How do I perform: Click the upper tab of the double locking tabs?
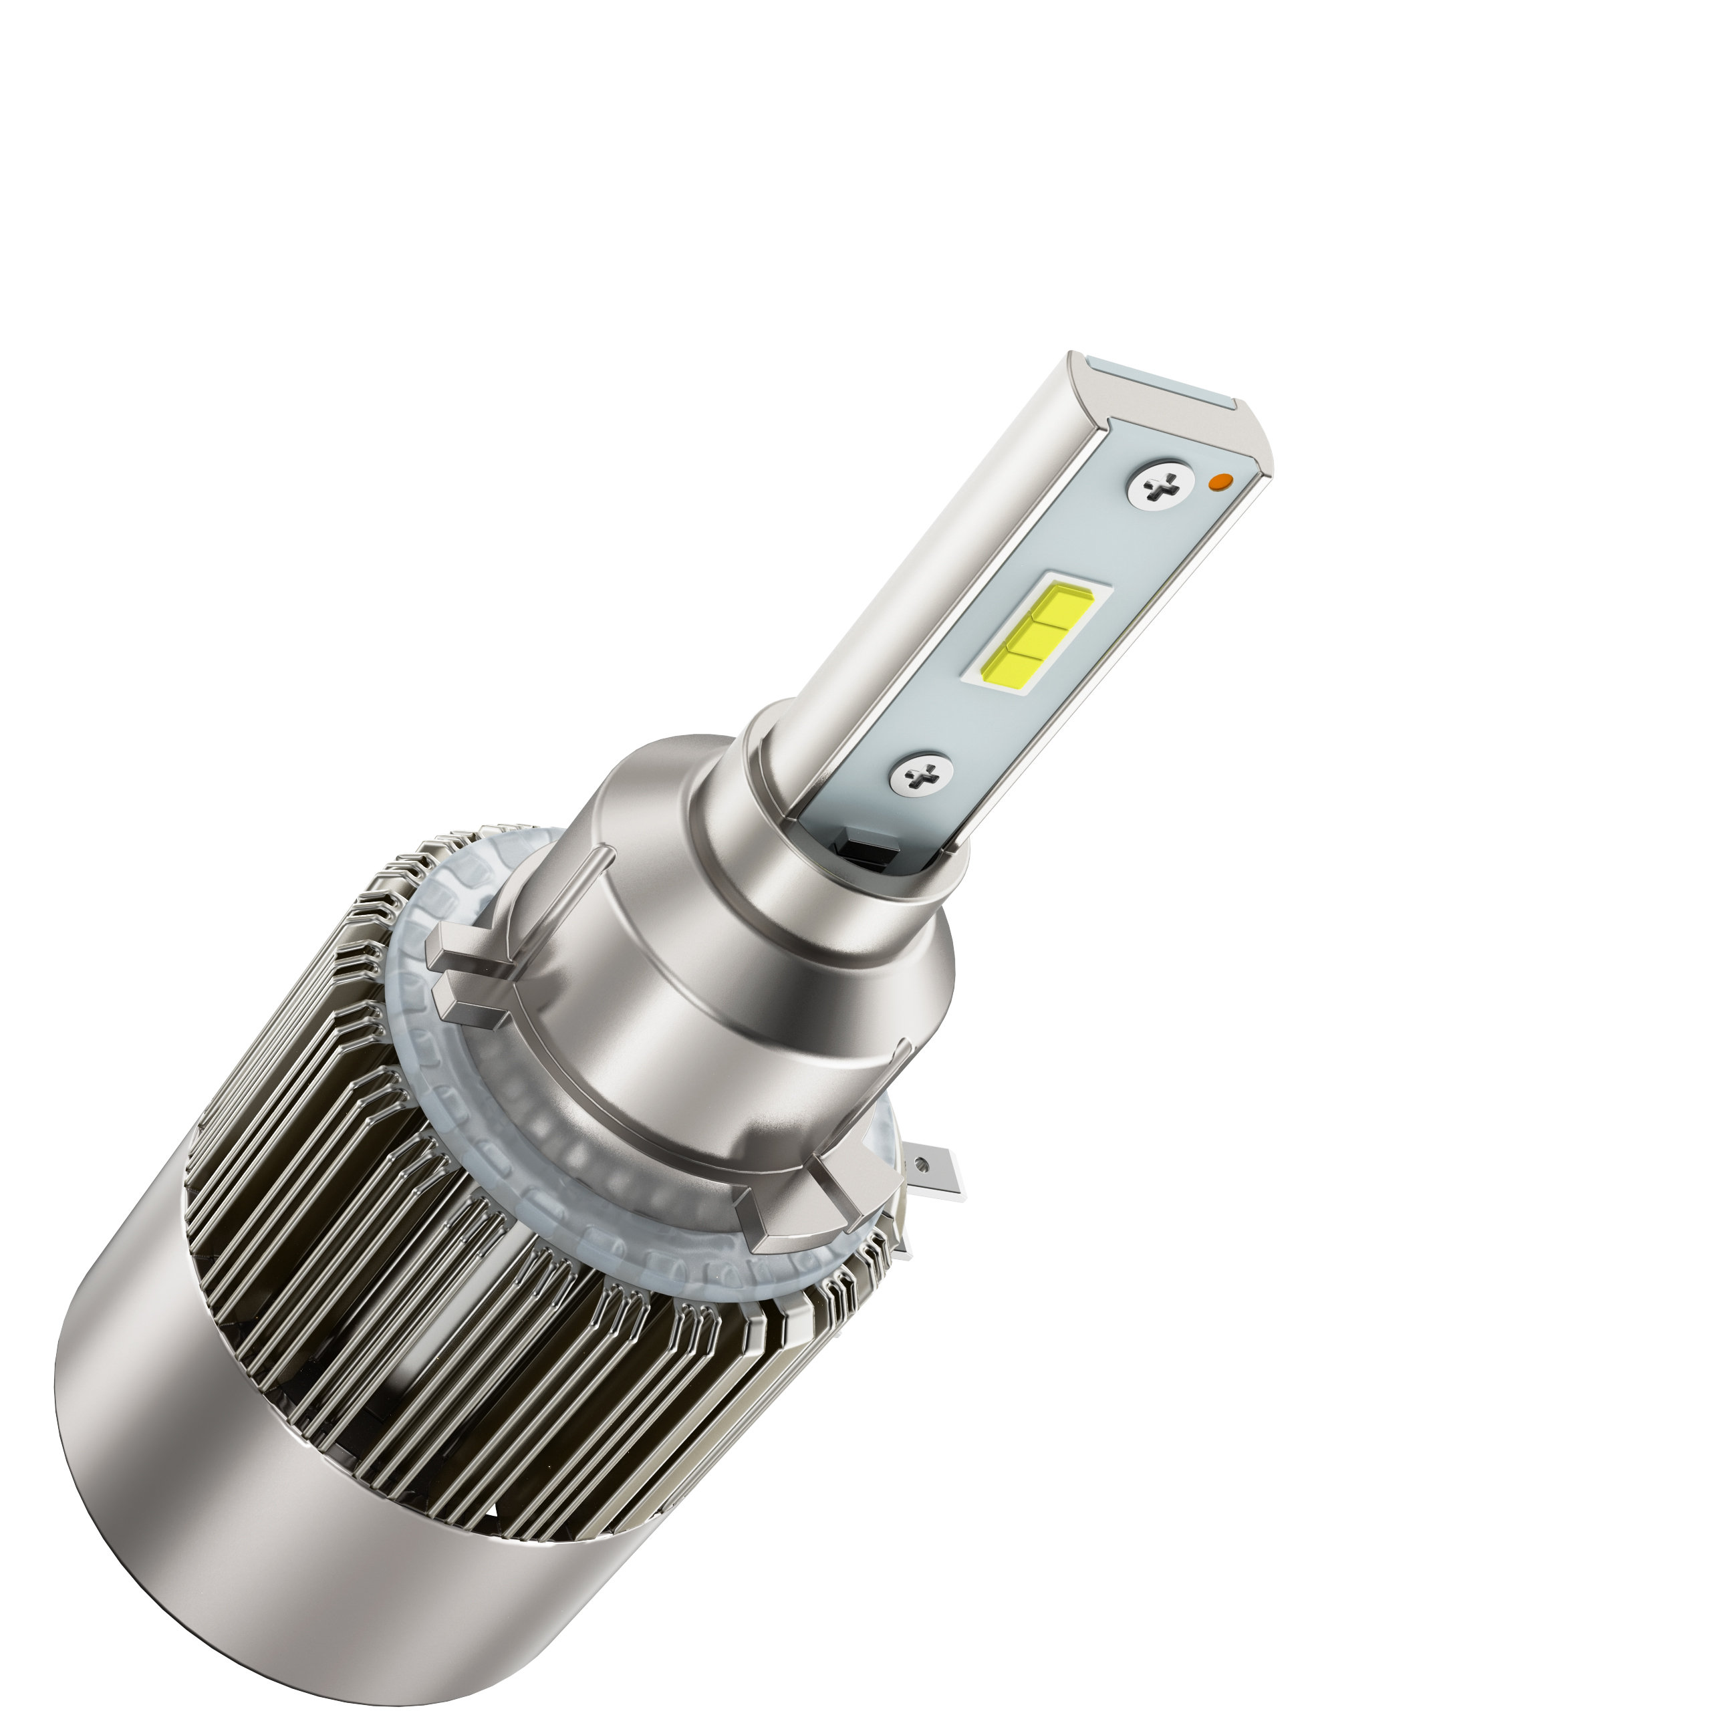pos(460,948)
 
